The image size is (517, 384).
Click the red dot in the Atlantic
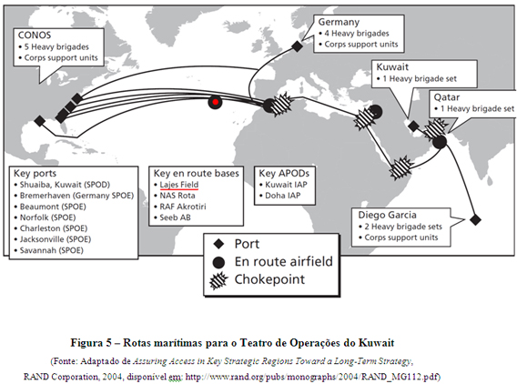(x=216, y=102)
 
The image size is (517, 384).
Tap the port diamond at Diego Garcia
(x=475, y=219)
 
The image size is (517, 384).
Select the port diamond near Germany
(x=297, y=46)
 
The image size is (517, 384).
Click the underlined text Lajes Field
(x=179, y=185)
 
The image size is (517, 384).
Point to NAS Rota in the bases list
(x=177, y=196)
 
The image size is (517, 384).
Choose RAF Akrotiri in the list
(x=183, y=207)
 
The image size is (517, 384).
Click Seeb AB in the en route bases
(x=175, y=217)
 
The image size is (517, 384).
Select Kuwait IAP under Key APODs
(x=286, y=185)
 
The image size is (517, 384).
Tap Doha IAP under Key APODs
(x=283, y=196)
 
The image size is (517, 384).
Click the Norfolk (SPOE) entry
(x=48, y=217)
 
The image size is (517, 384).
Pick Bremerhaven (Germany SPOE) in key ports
(x=76, y=196)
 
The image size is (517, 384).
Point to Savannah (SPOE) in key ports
(x=52, y=250)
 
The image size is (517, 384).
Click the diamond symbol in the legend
(x=218, y=244)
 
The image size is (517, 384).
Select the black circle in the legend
(x=218, y=262)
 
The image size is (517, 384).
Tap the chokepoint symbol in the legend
(x=218, y=281)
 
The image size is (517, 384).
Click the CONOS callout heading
(x=35, y=35)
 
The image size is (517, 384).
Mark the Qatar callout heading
(x=447, y=97)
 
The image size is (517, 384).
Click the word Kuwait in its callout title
(x=392, y=67)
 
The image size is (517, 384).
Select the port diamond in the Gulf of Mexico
(x=39, y=121)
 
